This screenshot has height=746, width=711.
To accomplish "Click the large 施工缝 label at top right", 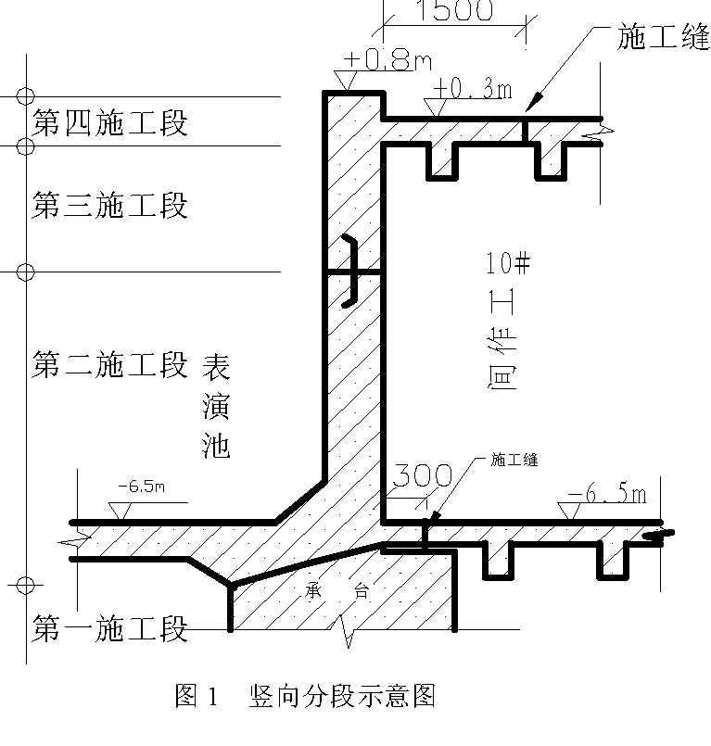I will tap(663, 39).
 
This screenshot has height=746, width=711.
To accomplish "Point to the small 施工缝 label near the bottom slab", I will tap(514, 460).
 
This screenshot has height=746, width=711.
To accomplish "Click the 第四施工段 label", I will tap(110, 122).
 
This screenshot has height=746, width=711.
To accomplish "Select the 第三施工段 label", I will tap(110, 204).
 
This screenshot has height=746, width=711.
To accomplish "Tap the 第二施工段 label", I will tap(110, 364).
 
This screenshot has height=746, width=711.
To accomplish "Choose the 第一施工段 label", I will tap(110, 629).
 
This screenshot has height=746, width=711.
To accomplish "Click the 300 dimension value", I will tap(421, 476).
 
